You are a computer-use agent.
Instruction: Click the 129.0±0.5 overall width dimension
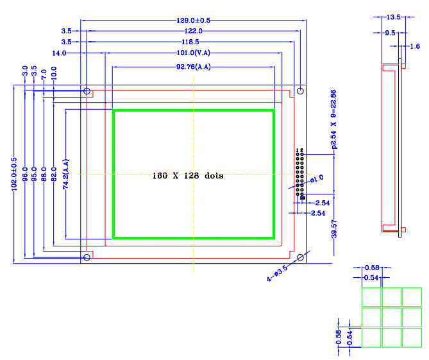[193, 21]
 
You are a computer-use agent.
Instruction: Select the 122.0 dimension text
[193, 31]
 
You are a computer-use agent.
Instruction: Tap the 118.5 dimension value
[193, 42]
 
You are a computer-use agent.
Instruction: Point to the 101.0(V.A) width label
[193, 53]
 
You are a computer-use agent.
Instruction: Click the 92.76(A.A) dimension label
[193, 67]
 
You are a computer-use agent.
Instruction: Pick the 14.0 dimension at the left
[58, 53]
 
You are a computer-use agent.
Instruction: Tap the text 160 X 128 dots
[188, 175]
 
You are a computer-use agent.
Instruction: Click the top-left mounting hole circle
[87, 91]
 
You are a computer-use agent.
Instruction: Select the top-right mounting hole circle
[299, 91]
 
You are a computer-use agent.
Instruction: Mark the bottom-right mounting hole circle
[299, 257]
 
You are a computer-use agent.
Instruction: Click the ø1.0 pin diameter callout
[317, 178]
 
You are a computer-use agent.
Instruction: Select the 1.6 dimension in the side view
[415, 46]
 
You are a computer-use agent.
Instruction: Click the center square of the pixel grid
[391, 317]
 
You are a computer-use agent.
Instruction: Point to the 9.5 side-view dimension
[390, 32]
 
